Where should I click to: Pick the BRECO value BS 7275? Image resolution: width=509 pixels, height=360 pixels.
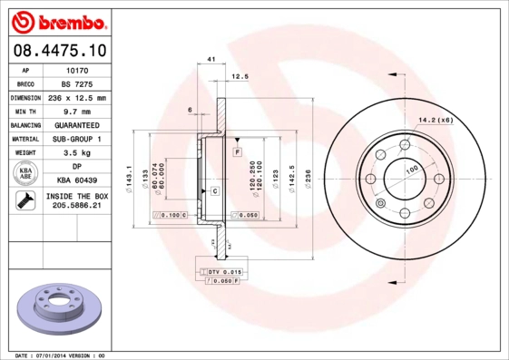tap(76, 83)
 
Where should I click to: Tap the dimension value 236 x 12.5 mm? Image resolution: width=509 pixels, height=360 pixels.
tap(76, 97)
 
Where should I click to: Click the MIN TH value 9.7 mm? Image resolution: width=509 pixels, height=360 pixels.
tap(76, 111)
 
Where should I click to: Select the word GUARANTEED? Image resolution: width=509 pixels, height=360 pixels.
tap(76, 125)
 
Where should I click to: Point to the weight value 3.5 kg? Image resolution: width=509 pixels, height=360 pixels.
tap(76, 153)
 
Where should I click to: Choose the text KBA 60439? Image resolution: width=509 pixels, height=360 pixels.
tap(76, 181)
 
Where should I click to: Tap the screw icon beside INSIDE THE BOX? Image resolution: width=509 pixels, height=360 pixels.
tap(25, 201)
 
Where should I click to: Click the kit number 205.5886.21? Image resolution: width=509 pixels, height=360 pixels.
tap(76, 206)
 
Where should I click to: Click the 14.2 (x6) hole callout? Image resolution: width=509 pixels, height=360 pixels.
tap(435, 119)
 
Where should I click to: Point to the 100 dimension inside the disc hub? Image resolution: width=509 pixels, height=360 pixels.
tap(411, 170)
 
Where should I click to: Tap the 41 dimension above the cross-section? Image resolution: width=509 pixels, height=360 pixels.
tap(210, 59)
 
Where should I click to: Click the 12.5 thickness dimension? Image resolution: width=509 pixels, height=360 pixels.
tap(240, 76)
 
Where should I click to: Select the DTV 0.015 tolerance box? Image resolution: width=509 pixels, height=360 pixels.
tap(220, 272)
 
